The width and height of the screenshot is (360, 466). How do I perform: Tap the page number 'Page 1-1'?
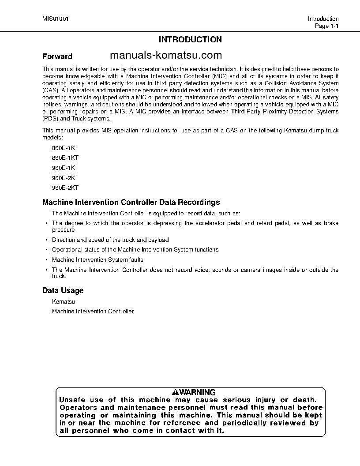click(326, 26)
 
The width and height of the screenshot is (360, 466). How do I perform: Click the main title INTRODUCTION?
click(190, 40)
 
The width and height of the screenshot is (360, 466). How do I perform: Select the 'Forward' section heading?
click(57, 56)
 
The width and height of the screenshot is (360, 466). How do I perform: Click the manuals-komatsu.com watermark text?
click(165, 55)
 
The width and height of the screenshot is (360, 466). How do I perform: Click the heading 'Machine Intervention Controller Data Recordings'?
click(131, 203)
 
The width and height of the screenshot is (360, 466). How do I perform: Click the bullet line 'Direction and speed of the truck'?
click(110, 240)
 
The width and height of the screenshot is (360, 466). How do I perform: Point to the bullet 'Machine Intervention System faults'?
click(97, 259)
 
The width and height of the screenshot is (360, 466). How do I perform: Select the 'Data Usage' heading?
click(63, 290)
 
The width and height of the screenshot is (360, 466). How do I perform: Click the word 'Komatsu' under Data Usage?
click(64, 301)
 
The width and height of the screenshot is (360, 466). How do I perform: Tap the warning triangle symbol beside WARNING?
click(176, 392)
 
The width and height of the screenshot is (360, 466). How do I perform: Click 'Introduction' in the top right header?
click(323, 19)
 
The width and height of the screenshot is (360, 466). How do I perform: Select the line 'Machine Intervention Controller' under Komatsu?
click(93, 312)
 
